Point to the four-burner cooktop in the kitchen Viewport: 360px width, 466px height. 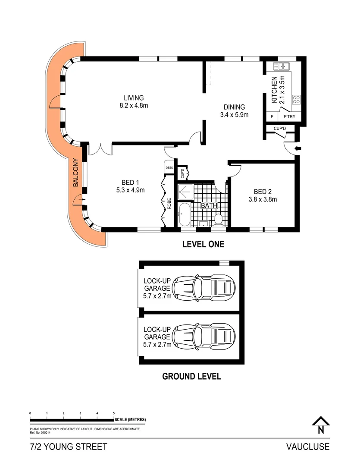[x=297, y=100]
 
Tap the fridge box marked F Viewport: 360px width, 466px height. [x=272, y=117]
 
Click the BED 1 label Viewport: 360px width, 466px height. [x=130, y=186]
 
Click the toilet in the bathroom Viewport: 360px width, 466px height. [x=219, y=219]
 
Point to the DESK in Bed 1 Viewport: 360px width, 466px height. [x=169, y=167]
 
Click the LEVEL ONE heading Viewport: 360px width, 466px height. [x=203, y=244]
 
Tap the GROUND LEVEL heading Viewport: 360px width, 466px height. [x=191, y=376]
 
